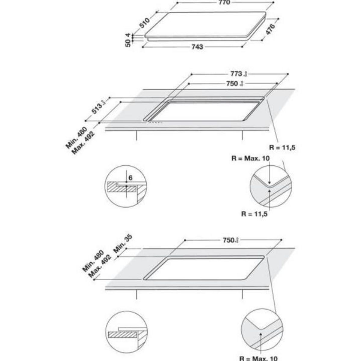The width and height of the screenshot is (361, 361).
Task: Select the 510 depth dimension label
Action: (x=145, y=23)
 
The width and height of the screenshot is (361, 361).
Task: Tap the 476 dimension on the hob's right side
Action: (x=270, y=30)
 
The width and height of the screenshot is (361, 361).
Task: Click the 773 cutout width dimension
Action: (x=236, y=74)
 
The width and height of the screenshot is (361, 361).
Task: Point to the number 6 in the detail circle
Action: (x=130, y=178)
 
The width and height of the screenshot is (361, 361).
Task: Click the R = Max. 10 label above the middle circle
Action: (x=251, y=159)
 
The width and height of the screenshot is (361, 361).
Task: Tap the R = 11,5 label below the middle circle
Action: (x=255, y=214)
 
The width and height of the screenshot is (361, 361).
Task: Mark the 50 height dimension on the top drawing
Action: (x=128, y=43)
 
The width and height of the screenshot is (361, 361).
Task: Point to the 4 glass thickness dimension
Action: (x=128, y=35)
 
